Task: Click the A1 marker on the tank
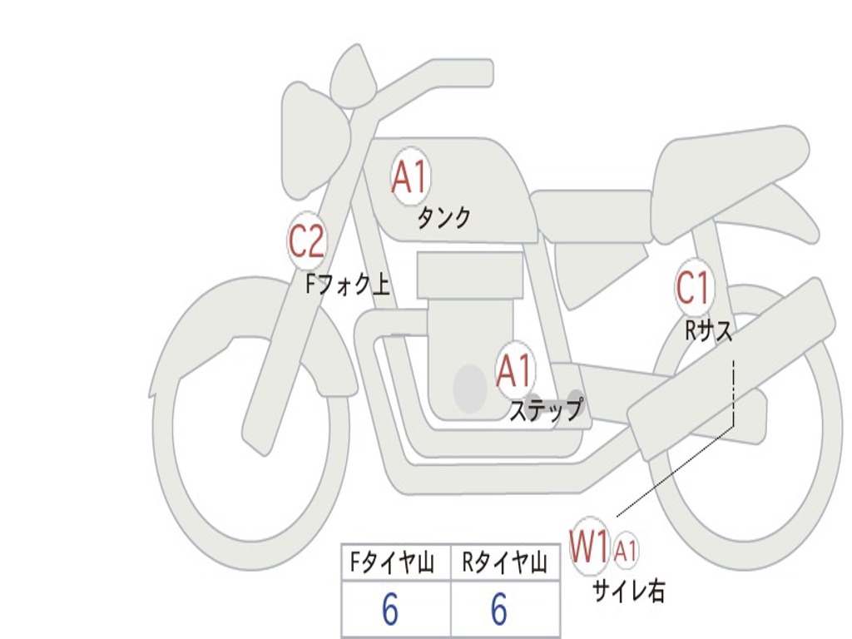(x=411, y=176)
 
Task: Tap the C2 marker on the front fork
(x=307, y=240)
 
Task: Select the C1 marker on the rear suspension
(x=693, y=287)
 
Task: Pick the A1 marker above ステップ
(x=514, y=371)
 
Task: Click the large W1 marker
(x=589, y=547)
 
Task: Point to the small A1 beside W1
(x=625, y=551)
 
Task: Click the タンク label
(x=443, y=218)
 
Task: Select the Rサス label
(x=708, y=329)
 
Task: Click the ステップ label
(x=547, y=409)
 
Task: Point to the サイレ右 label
(x=628, y=591)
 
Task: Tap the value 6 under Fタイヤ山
(x=390, y=609)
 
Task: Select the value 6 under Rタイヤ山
(x=499, y=609)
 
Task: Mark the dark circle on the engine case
(x=470, y=388)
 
